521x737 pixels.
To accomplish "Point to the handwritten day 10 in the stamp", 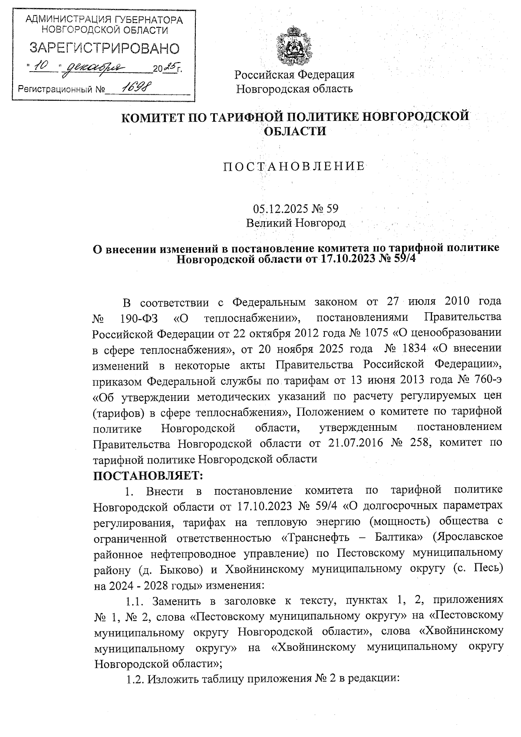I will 43,66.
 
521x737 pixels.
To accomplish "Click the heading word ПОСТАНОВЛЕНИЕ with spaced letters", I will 294,166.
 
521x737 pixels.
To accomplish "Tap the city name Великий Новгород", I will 296,223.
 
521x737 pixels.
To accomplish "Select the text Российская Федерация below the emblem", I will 294,75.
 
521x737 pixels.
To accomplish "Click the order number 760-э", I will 485,380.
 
